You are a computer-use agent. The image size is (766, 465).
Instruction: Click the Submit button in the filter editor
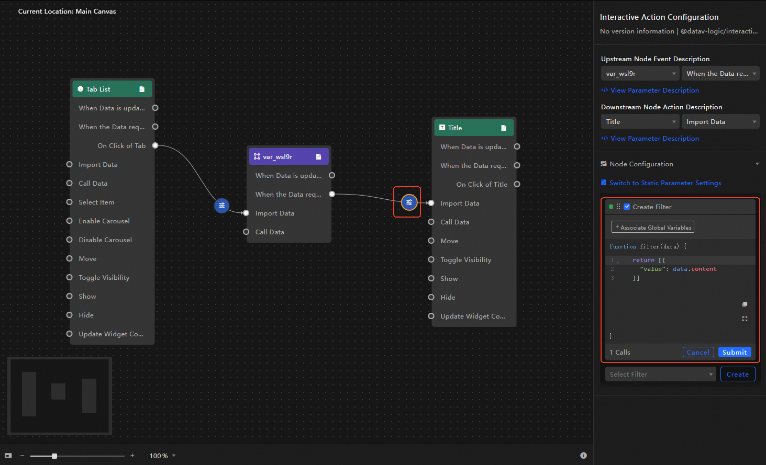735,352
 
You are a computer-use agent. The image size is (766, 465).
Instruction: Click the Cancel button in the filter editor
698,352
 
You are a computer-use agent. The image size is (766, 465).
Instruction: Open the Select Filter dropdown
660,374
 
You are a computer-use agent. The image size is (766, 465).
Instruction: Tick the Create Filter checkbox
627,207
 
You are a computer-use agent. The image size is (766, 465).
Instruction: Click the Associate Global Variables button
652,227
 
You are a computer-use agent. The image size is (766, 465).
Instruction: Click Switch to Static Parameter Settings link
665,183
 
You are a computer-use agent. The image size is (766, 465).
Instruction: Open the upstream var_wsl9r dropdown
640,73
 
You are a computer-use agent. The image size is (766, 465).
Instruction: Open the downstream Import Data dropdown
720,122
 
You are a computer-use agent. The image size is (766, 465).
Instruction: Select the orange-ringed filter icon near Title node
409,202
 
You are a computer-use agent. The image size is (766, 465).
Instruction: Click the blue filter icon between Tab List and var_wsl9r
221,206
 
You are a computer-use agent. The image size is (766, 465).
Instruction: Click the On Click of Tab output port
156,145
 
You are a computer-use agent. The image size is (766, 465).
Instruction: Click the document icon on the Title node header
504,128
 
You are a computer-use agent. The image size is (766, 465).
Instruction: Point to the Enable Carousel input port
70,221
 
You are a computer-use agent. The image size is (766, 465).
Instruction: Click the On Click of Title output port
517,185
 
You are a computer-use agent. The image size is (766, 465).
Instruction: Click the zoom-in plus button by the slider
132,456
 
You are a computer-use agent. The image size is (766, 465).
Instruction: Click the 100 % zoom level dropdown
162,456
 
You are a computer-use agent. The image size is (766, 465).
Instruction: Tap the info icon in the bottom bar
583,456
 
